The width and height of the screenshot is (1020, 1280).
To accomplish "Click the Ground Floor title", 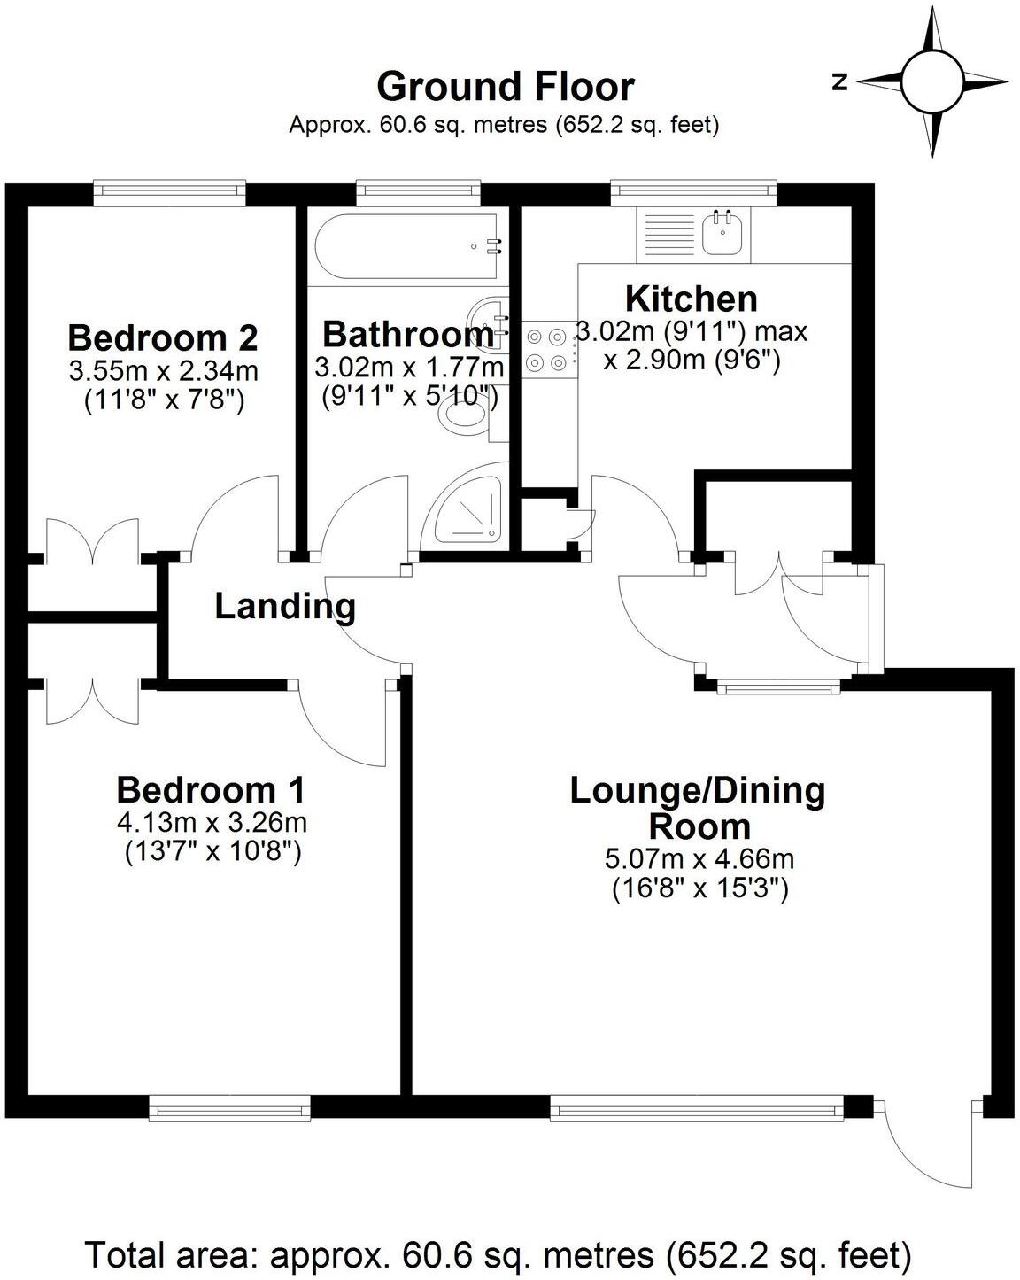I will point(505,87).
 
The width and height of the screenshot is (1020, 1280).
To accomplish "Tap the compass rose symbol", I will point(931,81).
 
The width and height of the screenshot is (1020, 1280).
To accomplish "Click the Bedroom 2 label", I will point(163,337).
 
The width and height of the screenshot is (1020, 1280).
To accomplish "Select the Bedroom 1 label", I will point(212,788).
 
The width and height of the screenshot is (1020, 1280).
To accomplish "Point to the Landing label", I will point(285,607).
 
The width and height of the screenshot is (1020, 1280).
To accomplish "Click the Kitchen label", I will point(691,299).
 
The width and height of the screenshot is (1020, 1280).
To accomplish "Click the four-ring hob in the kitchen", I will point(546,350).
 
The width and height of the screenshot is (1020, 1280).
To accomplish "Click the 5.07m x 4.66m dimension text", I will point(699,858).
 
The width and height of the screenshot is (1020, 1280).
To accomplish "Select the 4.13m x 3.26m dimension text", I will point(212,822).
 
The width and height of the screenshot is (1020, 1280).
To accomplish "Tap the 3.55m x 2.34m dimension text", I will point(164,370).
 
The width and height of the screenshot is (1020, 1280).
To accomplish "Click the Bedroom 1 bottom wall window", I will point(229,1108).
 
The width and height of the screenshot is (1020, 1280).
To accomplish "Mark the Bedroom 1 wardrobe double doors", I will point(92,700).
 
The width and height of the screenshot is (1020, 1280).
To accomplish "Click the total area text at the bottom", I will point(498,1255).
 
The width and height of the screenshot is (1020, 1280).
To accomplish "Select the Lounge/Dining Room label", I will point(698,807).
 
